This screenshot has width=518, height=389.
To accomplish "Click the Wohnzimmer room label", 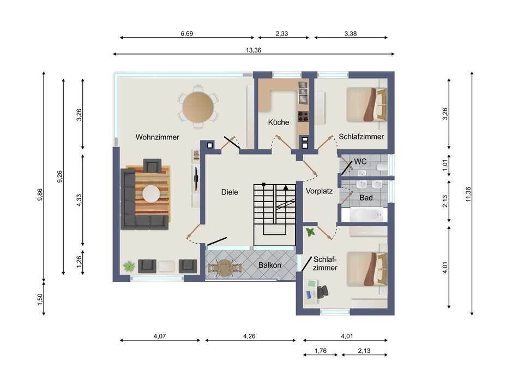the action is coord(157,137).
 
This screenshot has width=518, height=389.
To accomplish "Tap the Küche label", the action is coord(279,122).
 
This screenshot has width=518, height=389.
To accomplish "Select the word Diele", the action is coord(230,192).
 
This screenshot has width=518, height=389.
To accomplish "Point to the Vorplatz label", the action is coord(319,191).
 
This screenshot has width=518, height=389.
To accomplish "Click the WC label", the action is coord(360,162).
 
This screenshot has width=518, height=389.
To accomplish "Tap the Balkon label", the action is coord(270,265).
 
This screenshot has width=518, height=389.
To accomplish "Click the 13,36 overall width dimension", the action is coord(254,50).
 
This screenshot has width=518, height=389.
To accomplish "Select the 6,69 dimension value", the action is coord(186,33).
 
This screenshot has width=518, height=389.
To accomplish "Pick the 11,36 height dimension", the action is coord(468,194).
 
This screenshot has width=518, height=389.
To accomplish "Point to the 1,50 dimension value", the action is coord(40,299).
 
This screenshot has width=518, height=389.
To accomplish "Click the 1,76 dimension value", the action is coord(321,351).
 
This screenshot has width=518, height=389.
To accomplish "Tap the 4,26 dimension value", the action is coord(249,336).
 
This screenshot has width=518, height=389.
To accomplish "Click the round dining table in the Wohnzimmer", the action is coord(198,107).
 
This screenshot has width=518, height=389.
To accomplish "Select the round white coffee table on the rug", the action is coord(151,193).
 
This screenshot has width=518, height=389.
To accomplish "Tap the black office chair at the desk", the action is coord(323,292).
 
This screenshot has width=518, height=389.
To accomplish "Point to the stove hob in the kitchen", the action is coord(303,116).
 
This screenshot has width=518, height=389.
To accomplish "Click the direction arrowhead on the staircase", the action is coord(286,187).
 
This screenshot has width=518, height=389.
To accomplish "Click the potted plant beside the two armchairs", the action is coord(129,266).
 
